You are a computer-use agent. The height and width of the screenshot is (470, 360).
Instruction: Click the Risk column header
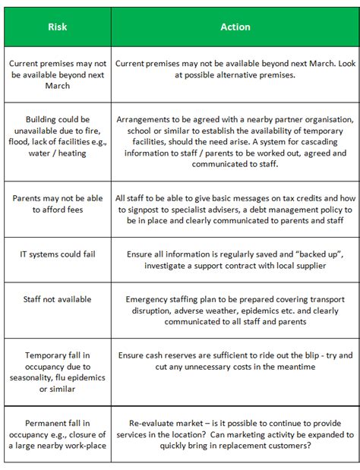(x=58, y=27)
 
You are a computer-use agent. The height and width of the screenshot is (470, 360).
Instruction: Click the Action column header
(x=235, y=27)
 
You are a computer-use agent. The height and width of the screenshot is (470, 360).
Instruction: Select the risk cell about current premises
(x=58, y=75)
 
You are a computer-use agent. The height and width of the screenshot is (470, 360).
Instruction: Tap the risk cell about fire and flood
(x=58, y=137)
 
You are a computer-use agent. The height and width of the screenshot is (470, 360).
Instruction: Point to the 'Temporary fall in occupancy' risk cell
(x=58, y=372)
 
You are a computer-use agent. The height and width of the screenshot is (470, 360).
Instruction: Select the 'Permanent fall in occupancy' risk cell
(x=58, y=434)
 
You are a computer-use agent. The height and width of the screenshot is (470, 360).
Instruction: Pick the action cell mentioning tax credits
(x=235, y=205)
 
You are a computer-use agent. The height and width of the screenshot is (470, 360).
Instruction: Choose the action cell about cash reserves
(x=235, y=361)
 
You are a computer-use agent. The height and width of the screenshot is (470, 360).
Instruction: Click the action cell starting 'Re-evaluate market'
(x=235, y=434)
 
